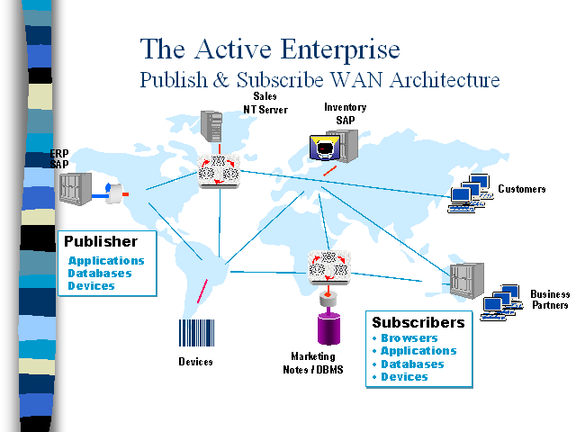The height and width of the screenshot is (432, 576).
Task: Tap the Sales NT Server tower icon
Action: click(211, 125)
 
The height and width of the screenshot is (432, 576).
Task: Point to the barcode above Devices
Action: click(196, 335)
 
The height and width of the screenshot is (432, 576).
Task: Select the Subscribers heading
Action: click(418, 322)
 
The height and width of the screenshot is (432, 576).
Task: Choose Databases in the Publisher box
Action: click(99, 274)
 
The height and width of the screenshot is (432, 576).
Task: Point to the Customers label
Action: click(522, 189)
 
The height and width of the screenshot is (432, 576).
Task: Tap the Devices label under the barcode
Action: click(195, 362)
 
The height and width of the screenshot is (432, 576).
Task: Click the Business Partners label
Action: click(549, 300)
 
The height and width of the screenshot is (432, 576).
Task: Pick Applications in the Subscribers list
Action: click(418, 351)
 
